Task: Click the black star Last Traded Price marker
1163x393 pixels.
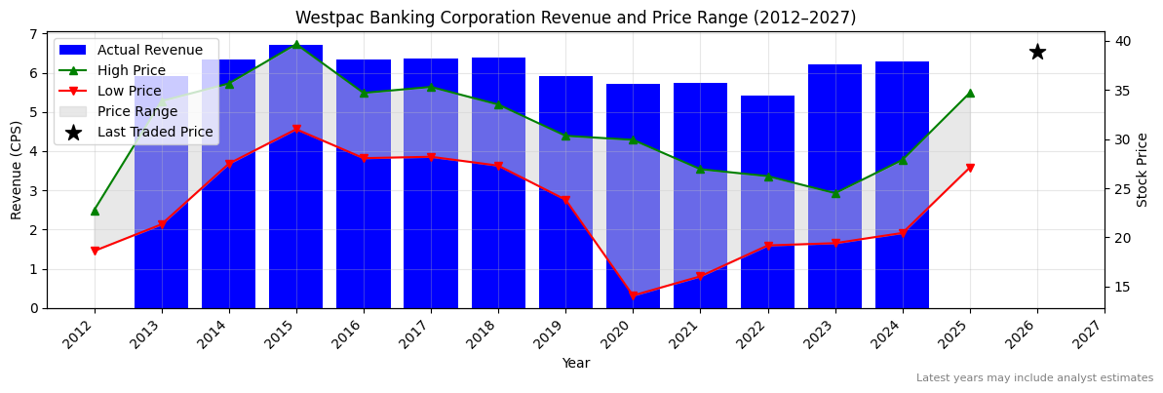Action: (1037, 52)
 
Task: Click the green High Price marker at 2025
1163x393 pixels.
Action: (970, 93)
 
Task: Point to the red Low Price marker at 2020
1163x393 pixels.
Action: (633, 295)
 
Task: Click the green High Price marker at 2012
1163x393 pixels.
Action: (95, 211)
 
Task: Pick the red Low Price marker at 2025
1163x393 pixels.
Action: (970, 168)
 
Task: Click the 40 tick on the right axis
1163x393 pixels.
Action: (1123, 41)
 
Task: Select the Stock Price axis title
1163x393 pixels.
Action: (1143, 170)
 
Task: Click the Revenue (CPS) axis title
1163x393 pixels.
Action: (17, 170)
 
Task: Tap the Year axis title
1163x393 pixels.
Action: (575, 363)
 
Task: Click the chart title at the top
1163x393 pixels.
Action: (575, 18)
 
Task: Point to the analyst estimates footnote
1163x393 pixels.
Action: (1033, 378)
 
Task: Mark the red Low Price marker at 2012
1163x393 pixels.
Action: (95, 251)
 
